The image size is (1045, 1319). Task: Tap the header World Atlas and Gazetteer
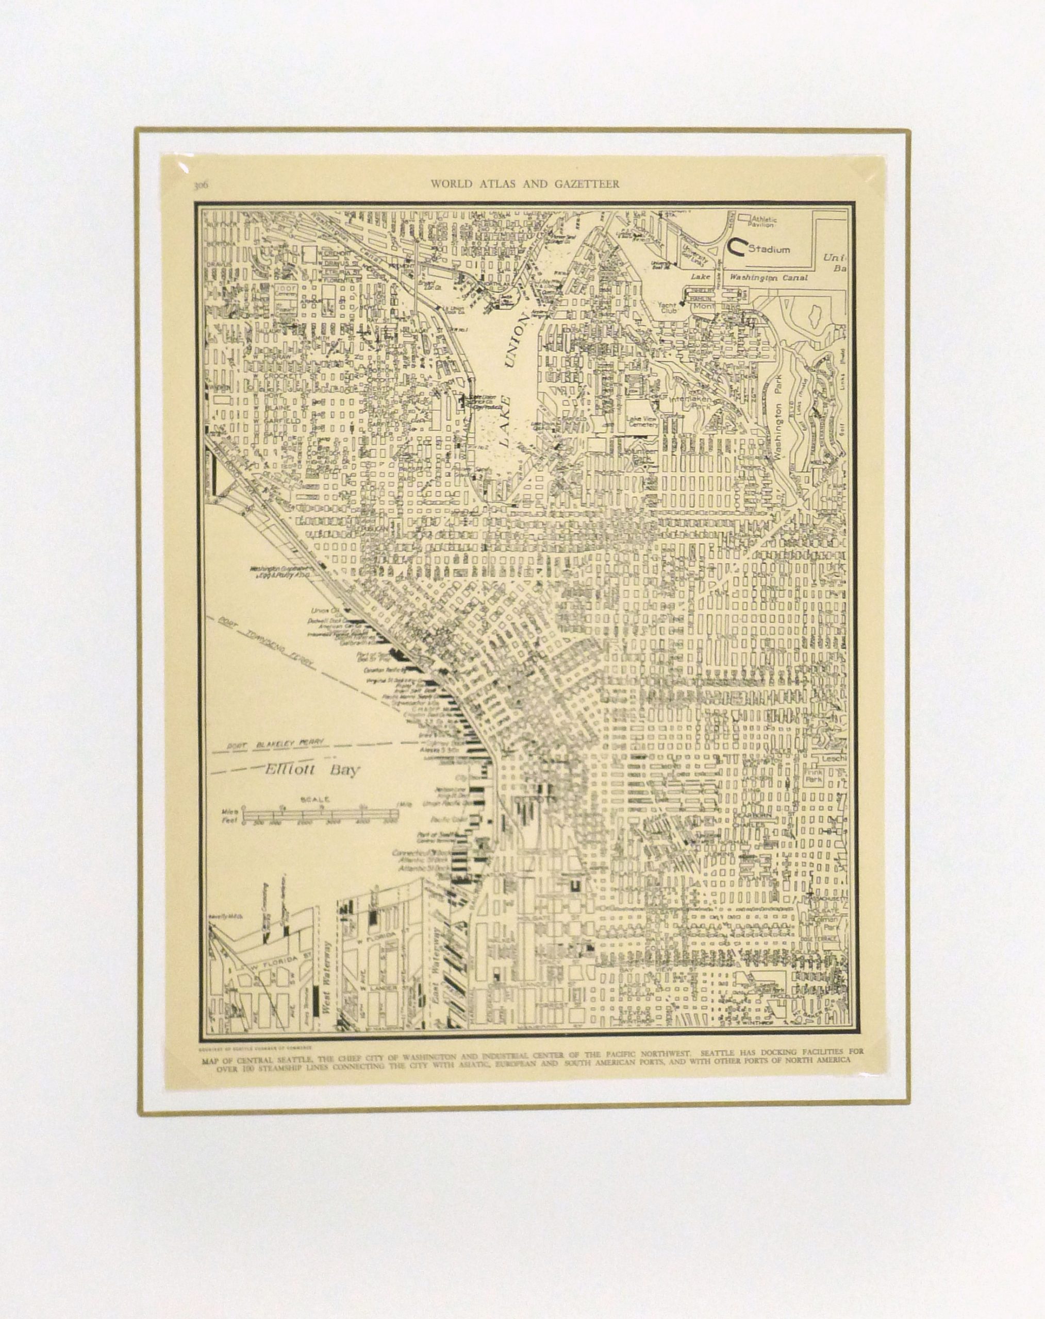[525, 183]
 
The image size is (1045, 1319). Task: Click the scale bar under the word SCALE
[320, 815]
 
